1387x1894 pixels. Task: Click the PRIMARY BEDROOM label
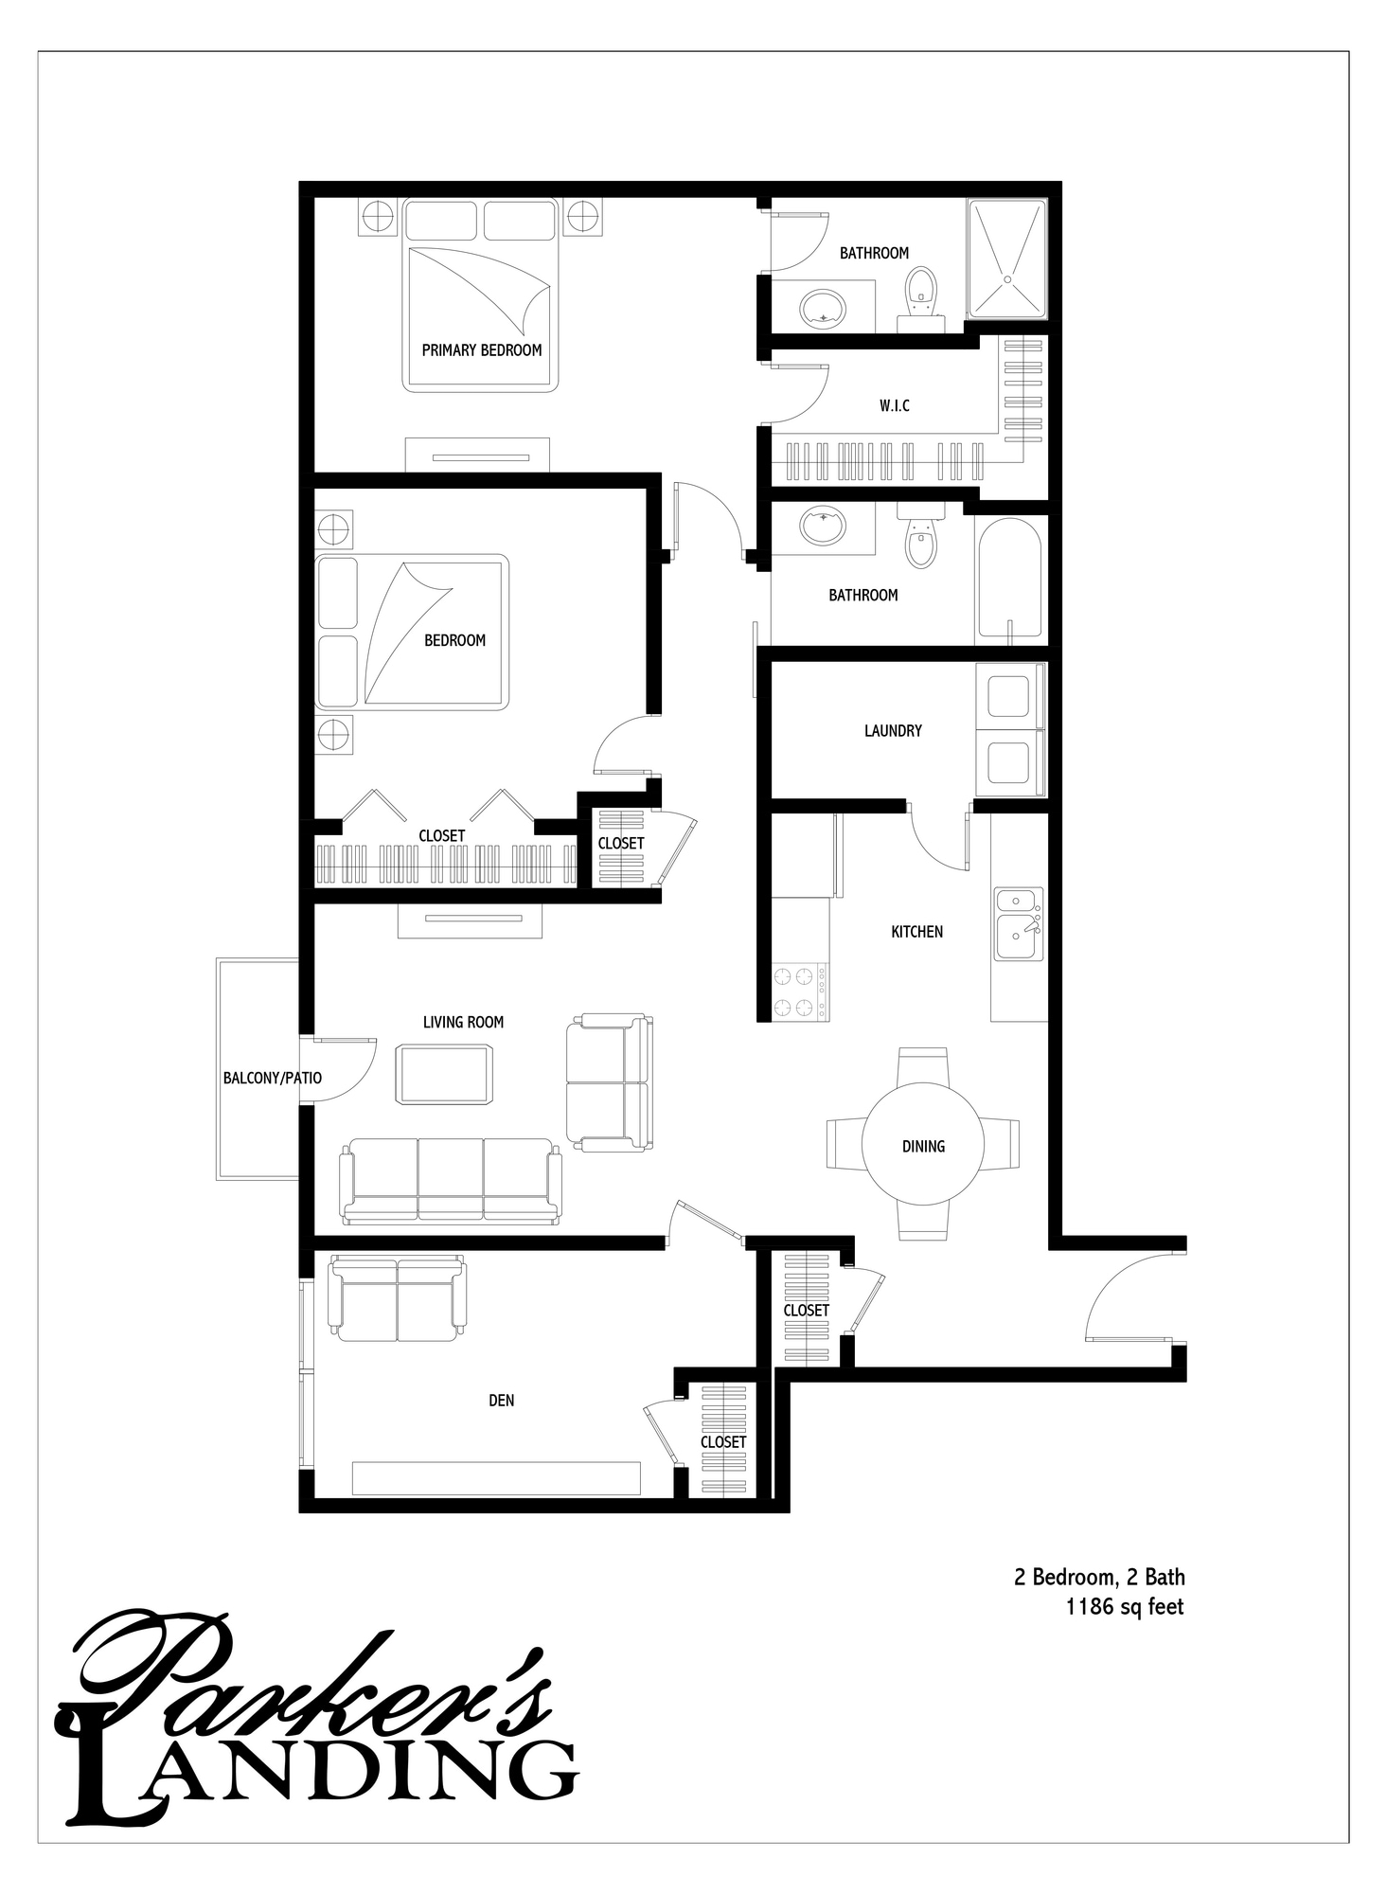pyautogui.click(x=482, y=350)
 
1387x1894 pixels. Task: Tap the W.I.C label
pyautogui.click(x=894, y=406)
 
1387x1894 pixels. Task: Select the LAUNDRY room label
pyautogui.click(x=893, y=731)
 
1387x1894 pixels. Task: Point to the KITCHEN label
pyautogui.click(x=916, y=932)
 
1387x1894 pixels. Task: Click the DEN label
pyautogui.click(x=502, y=1401)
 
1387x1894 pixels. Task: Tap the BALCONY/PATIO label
pyautogui.click(x=273, y=1078)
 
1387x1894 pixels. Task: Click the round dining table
pyautogui.click(x=923, y=1146)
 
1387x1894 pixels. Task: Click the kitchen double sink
pyautogui.click(x=1018, y=924)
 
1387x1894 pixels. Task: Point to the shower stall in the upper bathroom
pyautogui.click(x=1007, y=259)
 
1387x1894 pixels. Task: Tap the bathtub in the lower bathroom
pyautogui.click(x=1008, y=579)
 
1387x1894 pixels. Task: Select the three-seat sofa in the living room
pyautogui.click(x=451, y=1180)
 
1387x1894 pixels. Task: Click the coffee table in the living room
pyautogui.click(x=445, y=1074)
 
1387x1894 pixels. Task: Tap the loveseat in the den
pyautogui.click(x=397, y=1297)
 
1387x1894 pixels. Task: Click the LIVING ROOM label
pyautogui.click(x=463, y=1023)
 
